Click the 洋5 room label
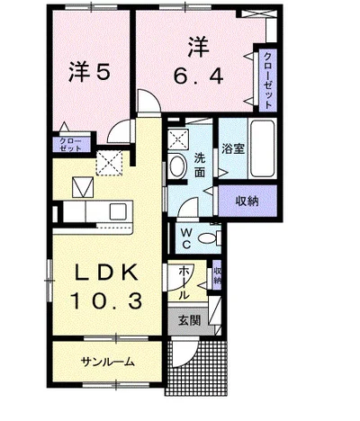[x=90, y=72]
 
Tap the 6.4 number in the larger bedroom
[x=199, y=76]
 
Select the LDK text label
[x=107, y=273]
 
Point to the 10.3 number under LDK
[x=106, y=300]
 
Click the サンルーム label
[x=107, y=362]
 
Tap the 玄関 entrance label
[x=189, y=321]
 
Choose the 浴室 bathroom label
[x=233, y=148]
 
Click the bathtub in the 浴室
[x=263, y=148]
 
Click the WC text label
[x=186, y=238]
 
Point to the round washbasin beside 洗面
[x=176, y=166]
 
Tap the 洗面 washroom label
[x=199, y=166]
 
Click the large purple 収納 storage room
[x=247, y=201]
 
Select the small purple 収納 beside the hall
[x=217, y=275]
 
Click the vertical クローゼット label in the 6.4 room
[x=267, y=81]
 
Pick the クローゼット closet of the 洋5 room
[x=71, y=145]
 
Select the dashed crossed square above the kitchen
[x=109, y=162]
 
